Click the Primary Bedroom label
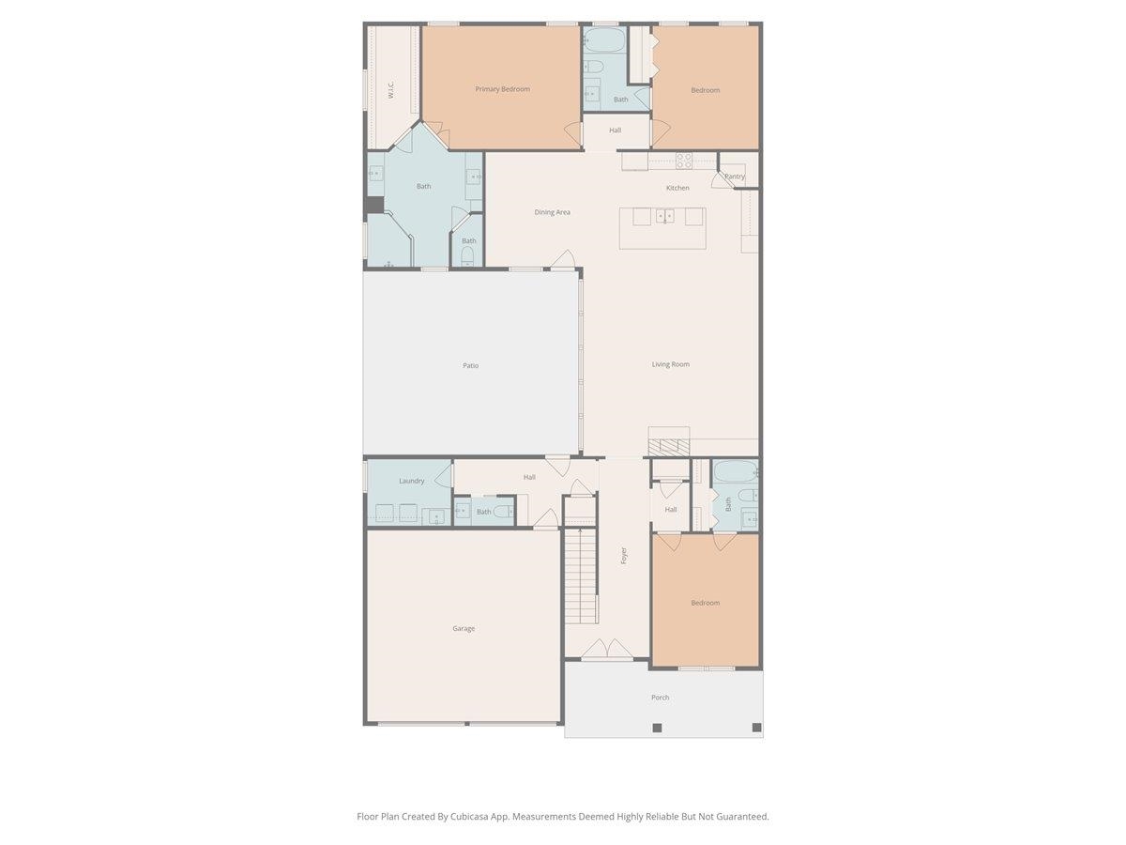[x=502, y=89]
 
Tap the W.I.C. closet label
[x=390, y=89]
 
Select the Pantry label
[x=735, y=177]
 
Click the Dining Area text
[x=552, y=212]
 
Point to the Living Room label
[x=671, y=364]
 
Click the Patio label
[x=470, y=365]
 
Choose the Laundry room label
[x=411, y=481]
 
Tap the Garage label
[x=464, y=628]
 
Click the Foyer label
[x=623, y=556]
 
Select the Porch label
[x=661, y=698]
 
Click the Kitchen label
[x=677, y=188]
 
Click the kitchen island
[x=662, y=228]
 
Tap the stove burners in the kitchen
[x=684, y=161]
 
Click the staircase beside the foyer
[x=581, y=576]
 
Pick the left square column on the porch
[x=657, y=728]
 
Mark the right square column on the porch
[x=756, y=728]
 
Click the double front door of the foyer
[x=607, y=649]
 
